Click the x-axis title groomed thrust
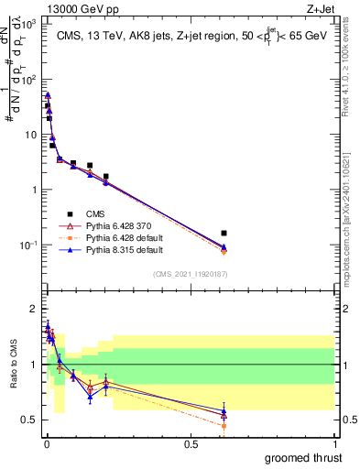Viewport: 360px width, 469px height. click(x=305, y=458)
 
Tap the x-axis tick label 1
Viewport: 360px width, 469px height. click(x=335, y=443)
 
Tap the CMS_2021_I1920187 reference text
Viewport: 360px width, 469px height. click(x=191, y=273)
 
